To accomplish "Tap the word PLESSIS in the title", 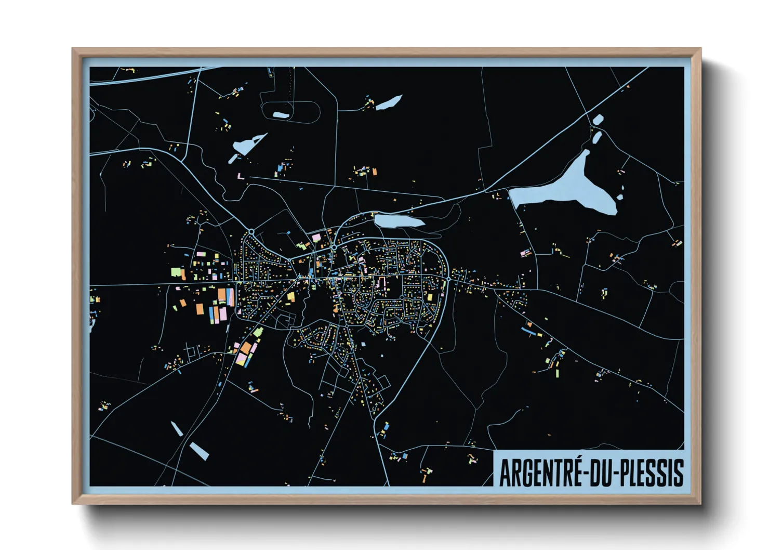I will point(649,473).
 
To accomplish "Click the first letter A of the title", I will point(505,473).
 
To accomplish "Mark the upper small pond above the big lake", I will point(598,120).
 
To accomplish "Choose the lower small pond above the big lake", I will point(596,137).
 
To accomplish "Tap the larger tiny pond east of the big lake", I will point(619,197).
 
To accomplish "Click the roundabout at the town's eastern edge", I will point(448,279).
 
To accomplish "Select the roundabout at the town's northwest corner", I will point(251,231).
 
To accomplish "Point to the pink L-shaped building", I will point(241,177).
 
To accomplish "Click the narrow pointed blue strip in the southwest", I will point(177,428).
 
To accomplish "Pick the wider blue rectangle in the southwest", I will point(199,451).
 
